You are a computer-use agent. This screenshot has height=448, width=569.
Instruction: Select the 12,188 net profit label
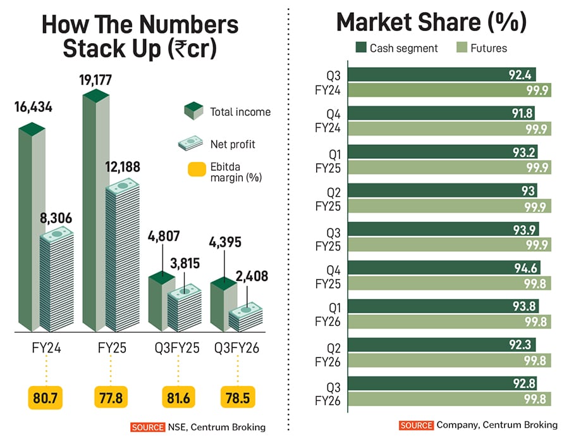point(122,168)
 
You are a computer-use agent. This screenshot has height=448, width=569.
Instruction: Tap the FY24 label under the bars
point(46,349)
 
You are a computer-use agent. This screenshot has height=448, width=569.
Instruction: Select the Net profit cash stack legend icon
point(191,144)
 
